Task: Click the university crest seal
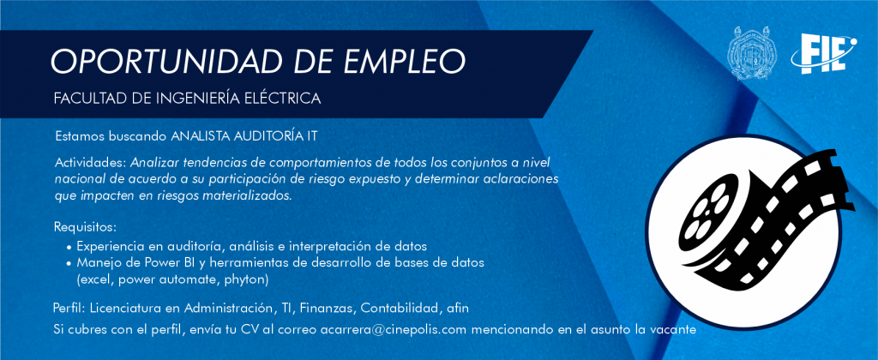tap(753, 53)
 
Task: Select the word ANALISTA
tap(199, 135)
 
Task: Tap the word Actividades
tap(91, 163)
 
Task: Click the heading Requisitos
tap(85, 228)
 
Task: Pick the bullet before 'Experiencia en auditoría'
tap(69, 247)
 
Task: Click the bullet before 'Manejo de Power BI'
tap(69, 263)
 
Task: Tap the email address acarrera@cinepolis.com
tap(393, 329)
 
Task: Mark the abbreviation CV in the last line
tap(249, 329)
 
